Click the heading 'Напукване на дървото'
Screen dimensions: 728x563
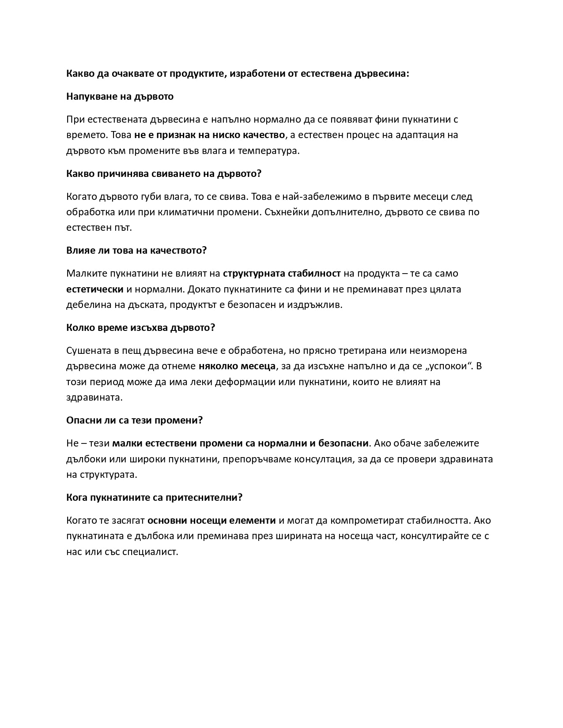[x=120, y=97]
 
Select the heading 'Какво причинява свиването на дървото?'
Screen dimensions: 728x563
[x=164, y=173]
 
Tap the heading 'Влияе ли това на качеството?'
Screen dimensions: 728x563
[x=136, y=251]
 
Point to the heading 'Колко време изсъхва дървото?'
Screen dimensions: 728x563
[x=140, y=328]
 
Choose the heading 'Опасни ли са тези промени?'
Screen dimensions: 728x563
[x=134, y=420]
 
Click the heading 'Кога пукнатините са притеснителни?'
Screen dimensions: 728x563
[x=155, y=498]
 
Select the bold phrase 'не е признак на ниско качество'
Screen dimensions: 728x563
[x=210, y=135]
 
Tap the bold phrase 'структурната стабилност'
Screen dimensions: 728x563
[x=282, y=274]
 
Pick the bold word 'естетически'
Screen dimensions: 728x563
[x=94, y=289]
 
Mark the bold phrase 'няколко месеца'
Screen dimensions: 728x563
[x=237, y=366]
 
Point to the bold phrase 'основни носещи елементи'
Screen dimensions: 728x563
[x=212, y=521]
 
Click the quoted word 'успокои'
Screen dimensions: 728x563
[x=449, y=366]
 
